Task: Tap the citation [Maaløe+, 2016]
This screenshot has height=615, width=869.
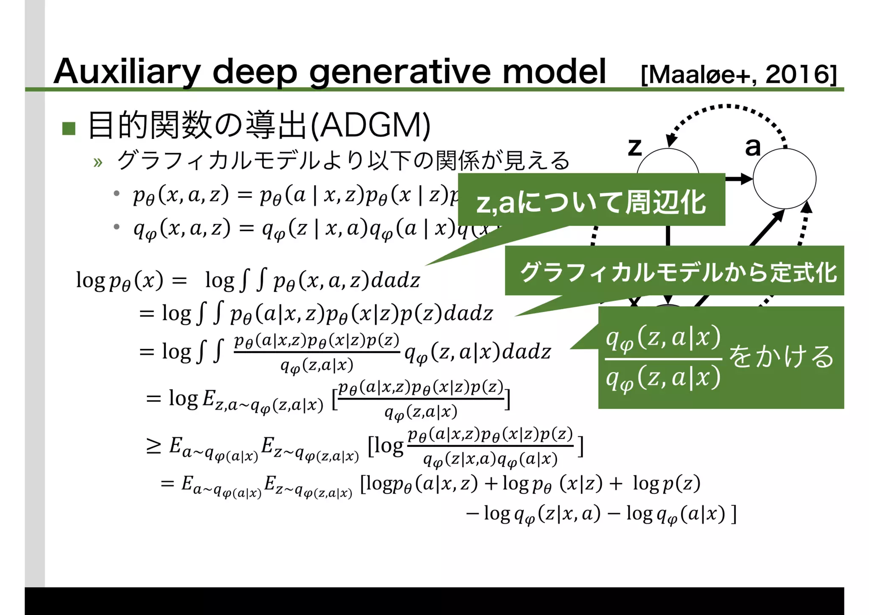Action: coord(739,75)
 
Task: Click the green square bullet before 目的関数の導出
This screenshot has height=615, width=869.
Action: coord(69,128)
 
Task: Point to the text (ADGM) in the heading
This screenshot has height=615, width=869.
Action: coord(370,126)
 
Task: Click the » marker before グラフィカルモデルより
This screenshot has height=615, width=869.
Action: coord(98,162)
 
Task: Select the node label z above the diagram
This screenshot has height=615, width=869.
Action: coord(634,147)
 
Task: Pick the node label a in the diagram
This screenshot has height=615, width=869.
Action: coord(753,147)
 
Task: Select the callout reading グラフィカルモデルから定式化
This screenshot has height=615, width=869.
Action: coord(678,272)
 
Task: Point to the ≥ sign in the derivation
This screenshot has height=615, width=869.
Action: coord(154,446)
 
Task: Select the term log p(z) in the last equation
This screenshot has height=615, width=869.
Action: coord(666,484)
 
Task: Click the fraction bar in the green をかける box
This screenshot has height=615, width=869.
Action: coord(663,359)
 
